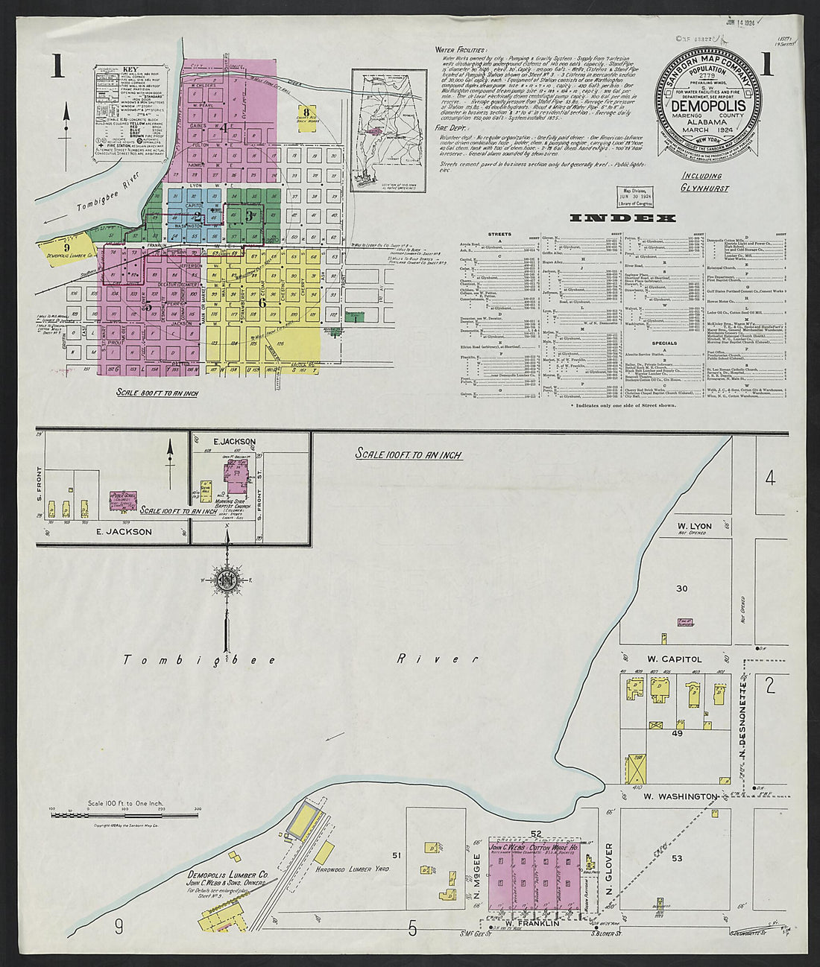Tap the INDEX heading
tap(622, 218)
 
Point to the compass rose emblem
tap(226, 580)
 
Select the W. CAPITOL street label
tap(675, 659)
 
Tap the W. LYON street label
tap(692, 526)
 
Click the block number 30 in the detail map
tap(681, 589)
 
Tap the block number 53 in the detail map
tap(677, 859)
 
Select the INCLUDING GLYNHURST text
tap(701, 181)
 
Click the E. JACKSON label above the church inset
tap(233, 441)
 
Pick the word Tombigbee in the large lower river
tap(200, 660)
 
